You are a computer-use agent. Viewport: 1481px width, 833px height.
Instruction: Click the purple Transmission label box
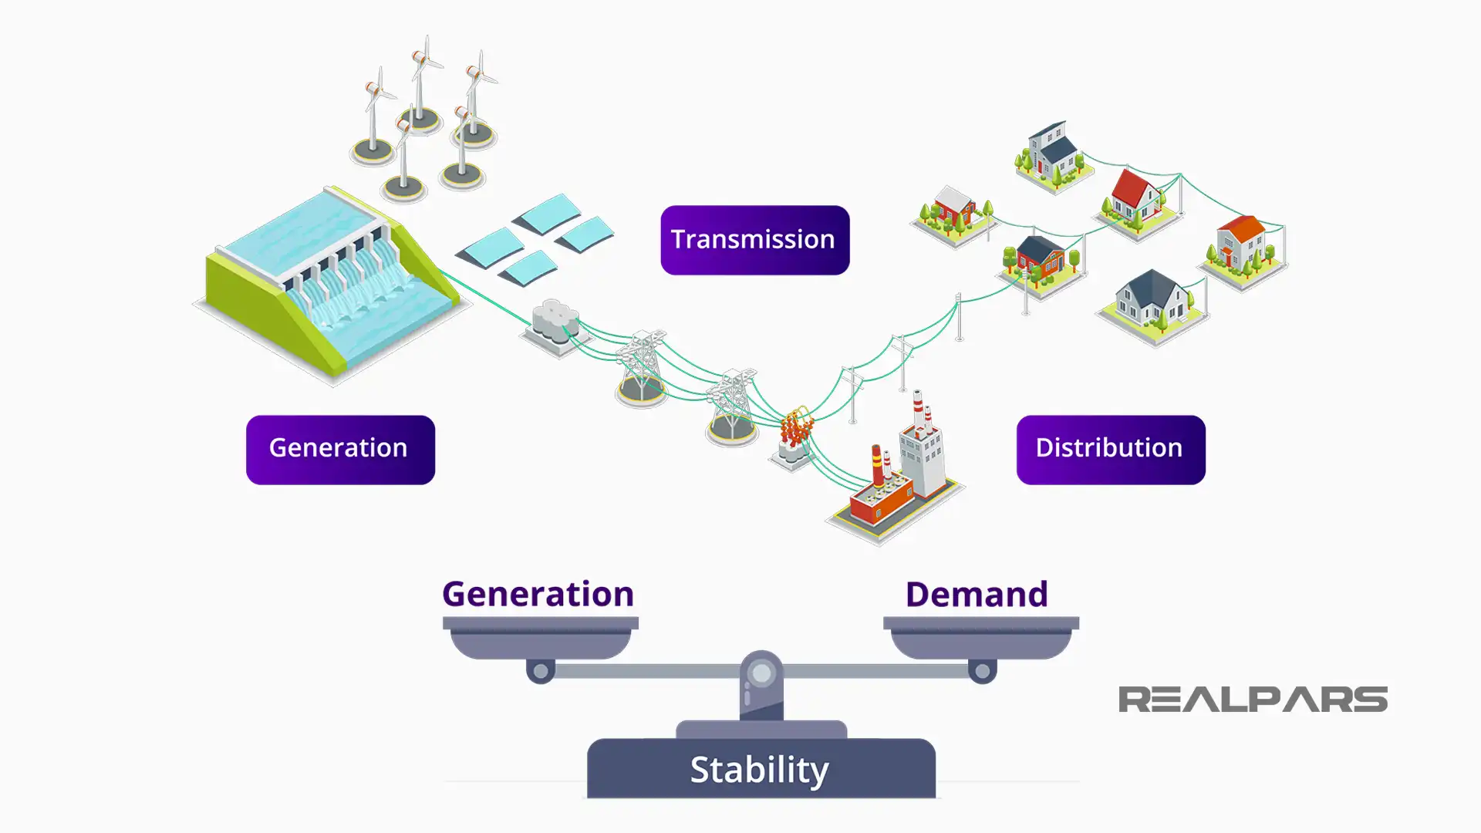754,240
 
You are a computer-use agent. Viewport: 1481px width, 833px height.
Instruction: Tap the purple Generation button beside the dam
340,450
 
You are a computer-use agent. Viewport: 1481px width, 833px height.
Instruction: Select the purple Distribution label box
1110,450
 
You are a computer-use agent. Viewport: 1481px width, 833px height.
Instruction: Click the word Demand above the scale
976,595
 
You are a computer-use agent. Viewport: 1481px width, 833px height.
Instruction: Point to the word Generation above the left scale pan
538,595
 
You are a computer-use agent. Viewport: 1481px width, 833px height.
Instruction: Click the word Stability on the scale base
760,770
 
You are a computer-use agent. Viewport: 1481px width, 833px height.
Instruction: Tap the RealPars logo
1253,700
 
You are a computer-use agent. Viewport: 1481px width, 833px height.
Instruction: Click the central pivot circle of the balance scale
761,673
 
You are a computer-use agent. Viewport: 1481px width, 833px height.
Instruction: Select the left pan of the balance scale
540,639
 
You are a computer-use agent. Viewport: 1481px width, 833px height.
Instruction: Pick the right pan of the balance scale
980,639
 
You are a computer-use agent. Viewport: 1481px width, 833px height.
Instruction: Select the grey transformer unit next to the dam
555,322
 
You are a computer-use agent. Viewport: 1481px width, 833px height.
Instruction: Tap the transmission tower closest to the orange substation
731,406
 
